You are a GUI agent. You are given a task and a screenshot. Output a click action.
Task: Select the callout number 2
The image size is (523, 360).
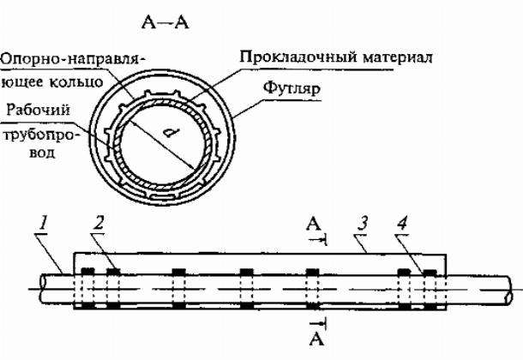(x=101, y=225)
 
